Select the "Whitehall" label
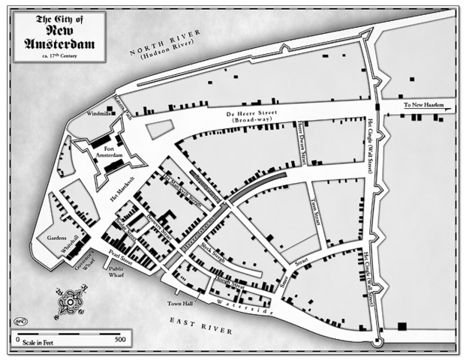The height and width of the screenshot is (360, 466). click(x=77, y=242)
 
